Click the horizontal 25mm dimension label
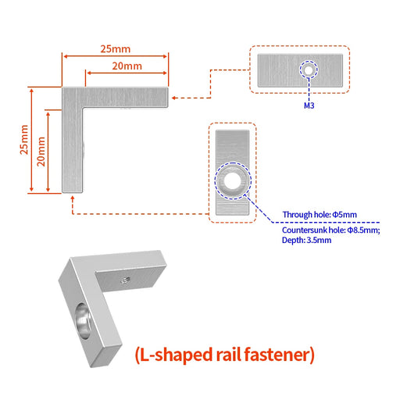pyautogui.click(x=116, y=49)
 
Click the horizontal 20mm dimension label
pyautogui.click(x=127, y=66)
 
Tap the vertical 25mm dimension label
pyautogui.click(x=24, y=140)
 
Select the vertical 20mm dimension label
pyautogui.click(x=41, y=152)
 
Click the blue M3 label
pyautogui.click(x=309, y=105)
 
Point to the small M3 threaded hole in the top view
pyautogui.click(x=309, y=70)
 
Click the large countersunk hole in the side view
pyautogui.click(x=233, y=181)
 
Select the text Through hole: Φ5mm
pyautogui.click(x=320, y=215)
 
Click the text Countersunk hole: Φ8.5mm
pyautogui.click(x=331, y=230)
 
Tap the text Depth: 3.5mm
pyautogui.click(x=306, y=240)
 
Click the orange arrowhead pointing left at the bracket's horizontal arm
pyautogui.click(x=174, y=98)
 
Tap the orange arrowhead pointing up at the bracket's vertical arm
pyautogui.click(x=73, y=198)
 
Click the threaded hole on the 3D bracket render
pyautogui.click(x=126, y=280)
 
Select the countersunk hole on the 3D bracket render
pyautogui.click(x=83, y=321)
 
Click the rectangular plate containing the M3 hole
pyautogui.click(x=300, y=70)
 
